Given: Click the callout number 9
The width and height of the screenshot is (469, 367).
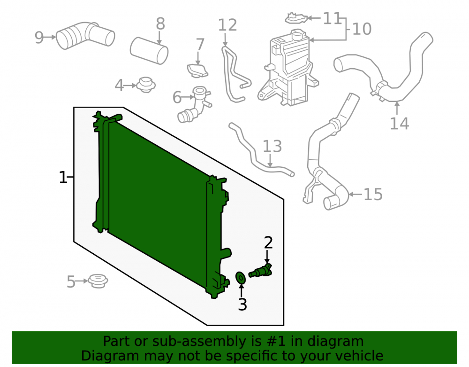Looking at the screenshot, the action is point(39,38).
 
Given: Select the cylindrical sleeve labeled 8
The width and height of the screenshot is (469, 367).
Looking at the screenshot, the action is point(149,50).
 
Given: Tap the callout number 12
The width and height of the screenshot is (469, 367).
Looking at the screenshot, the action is point(227,25).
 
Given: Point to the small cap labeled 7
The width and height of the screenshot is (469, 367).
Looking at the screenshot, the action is point(197,70).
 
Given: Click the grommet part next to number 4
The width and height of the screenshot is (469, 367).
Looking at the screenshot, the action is point(146,85).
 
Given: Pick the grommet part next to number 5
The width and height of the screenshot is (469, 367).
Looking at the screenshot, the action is point(98,281).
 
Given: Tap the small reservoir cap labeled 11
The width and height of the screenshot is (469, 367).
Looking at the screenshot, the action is point(296,18).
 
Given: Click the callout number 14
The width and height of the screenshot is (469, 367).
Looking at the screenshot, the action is point(399,124).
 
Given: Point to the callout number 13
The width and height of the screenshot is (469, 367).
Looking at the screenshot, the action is point(272,146).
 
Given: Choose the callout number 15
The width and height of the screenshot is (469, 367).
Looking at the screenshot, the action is point(373,195).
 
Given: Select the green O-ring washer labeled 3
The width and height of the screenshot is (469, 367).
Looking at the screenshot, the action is point(241,278).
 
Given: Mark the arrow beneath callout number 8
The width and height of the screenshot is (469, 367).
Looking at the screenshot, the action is point(159,38).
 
